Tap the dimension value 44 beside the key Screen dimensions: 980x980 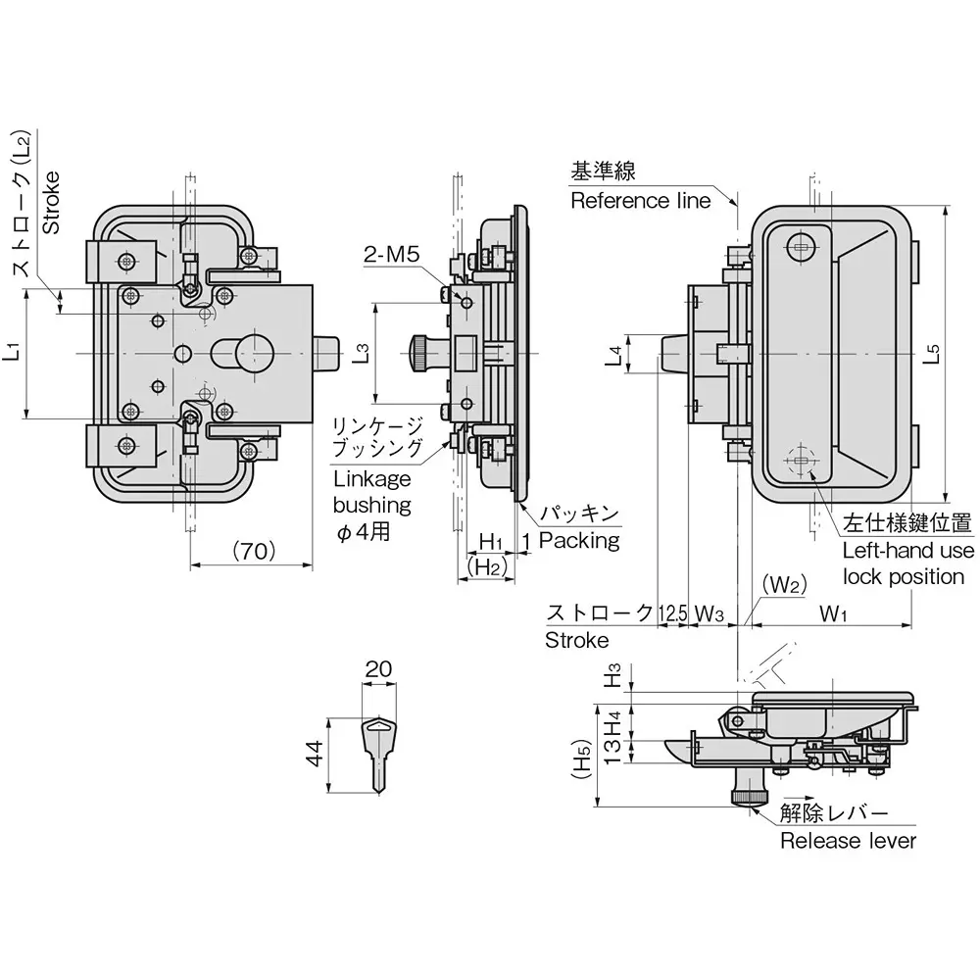(x=315, y=754)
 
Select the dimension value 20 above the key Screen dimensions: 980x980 (x=377, y=669)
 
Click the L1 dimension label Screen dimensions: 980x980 (x=12, y=352)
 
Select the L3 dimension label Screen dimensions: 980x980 (x=361, y=352)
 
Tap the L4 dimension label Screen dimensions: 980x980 (x=612, y=355)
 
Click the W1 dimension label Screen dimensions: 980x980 (x=833, y=614)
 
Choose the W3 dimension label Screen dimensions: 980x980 (x=710, y=614)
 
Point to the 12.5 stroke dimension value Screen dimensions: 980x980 (x=672, y=614)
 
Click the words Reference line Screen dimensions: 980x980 (x=640, y=201)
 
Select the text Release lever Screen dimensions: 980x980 (x=848, y=841)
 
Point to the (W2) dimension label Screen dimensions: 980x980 (x=784, y=585)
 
